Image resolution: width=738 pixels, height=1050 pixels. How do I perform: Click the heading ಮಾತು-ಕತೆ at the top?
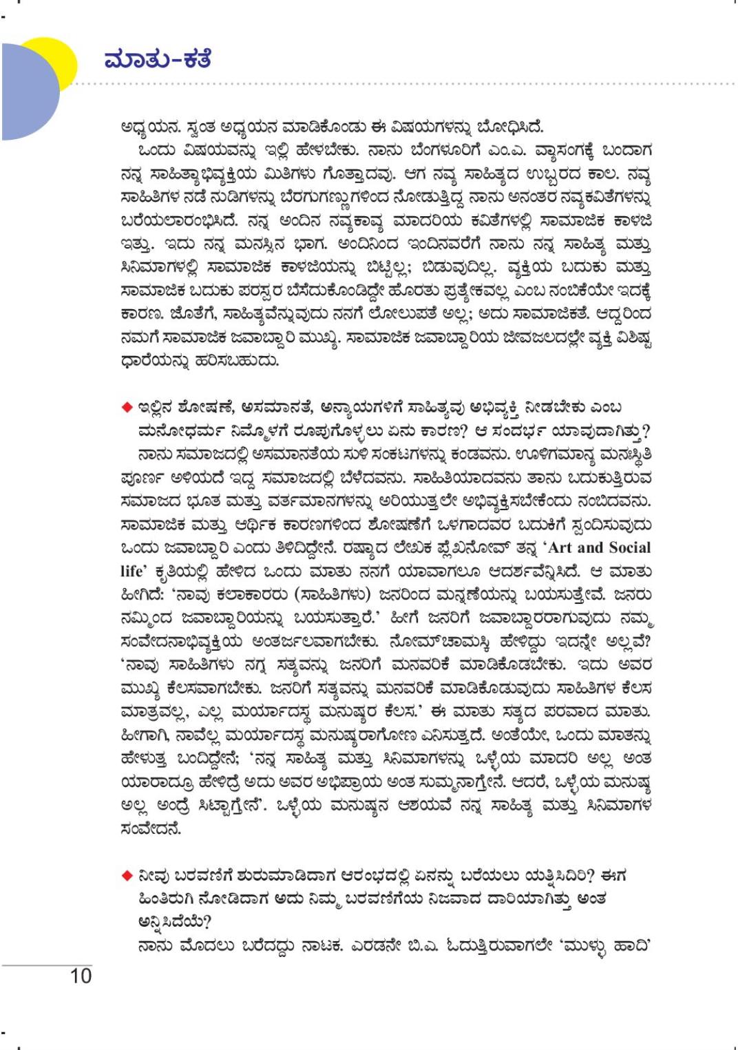coord(158,59)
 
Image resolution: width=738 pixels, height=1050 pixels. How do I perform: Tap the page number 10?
coord(81,976)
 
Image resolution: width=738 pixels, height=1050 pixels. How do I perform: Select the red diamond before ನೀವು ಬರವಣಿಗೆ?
coord(127,876)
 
